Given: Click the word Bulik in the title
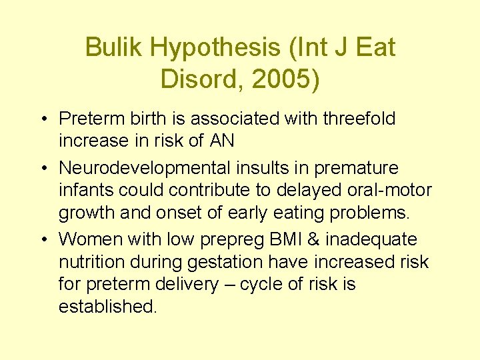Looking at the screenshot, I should [114, 47].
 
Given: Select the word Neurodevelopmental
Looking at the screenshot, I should [150, 168].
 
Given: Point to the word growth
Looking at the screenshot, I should [87, 213].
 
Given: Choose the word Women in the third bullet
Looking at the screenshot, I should [90, 239].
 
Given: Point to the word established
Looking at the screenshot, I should [107, 307].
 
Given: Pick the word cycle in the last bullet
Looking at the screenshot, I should [261, 285].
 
